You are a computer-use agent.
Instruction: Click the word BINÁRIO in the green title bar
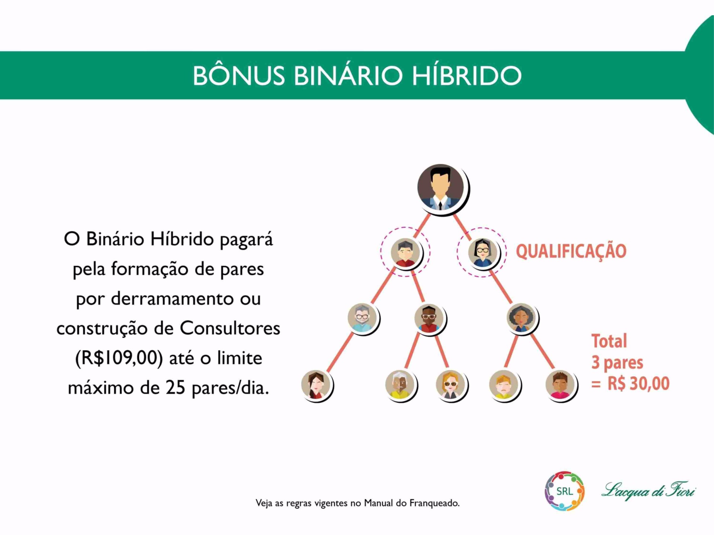coord(348,75)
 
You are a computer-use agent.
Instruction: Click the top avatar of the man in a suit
coord(442,189)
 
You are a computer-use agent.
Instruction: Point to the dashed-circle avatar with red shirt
coord(405,252)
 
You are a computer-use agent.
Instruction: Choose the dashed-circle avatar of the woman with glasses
coord(482,253)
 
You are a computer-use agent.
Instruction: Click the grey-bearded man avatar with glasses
coord(363,318)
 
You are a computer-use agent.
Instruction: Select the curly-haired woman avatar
coord(522,318)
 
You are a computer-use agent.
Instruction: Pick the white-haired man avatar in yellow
coord(401,385)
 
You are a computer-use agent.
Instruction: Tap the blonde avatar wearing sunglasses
coord(451,385)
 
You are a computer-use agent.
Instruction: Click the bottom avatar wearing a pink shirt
coord(561,385)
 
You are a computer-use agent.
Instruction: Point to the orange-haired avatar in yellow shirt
coord(504,385)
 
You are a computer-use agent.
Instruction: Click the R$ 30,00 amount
coord(638,383)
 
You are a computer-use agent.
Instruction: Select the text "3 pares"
coord(617,363)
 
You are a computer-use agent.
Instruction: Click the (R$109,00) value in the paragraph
coord(119,358)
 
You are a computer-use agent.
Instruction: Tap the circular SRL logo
coord(565,491)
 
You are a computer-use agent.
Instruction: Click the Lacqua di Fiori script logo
coord(648,490)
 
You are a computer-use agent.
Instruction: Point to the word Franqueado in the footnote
coord(434,503)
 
